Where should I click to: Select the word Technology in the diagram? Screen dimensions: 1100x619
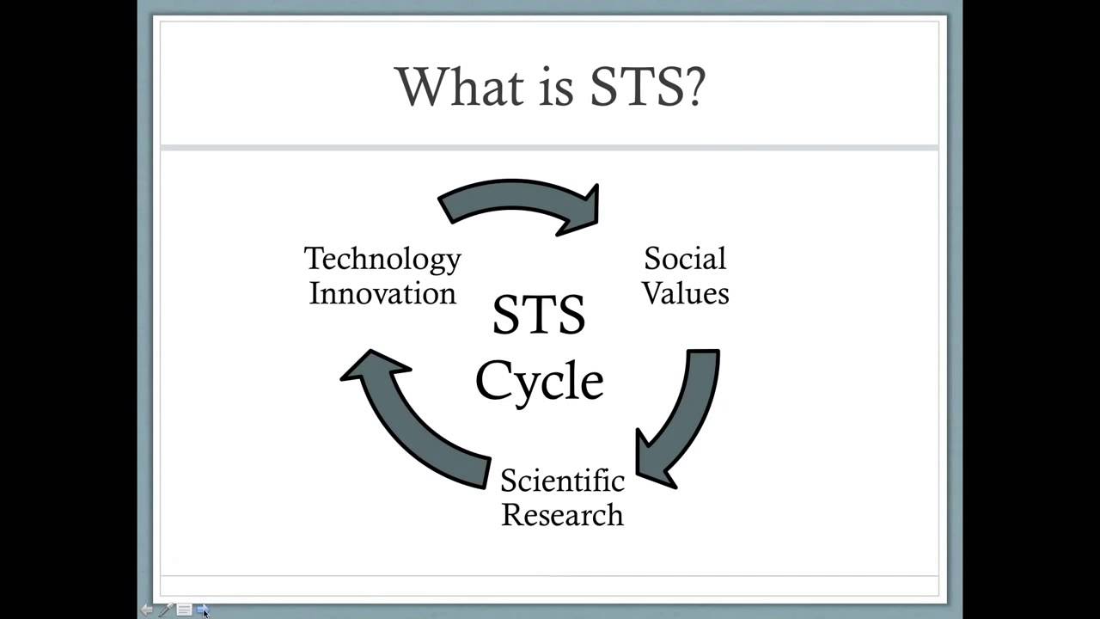[382, 260]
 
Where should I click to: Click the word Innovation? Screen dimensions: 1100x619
[382, 294]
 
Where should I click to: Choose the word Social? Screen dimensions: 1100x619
[685, 259]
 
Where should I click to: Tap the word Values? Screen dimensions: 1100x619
[686, 293]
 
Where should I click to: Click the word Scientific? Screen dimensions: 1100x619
[562, 480]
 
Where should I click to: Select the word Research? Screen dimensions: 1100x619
[562, 515]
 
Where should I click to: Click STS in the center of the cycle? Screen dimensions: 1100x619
[539, 315]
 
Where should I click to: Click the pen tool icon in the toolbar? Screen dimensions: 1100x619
[164, 610]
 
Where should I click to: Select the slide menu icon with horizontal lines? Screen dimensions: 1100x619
[184, 610]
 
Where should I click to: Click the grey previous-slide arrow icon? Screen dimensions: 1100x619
[146, 610]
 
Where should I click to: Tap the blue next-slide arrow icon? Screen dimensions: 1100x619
[201, 610]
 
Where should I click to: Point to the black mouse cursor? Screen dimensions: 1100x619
[205, 614]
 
